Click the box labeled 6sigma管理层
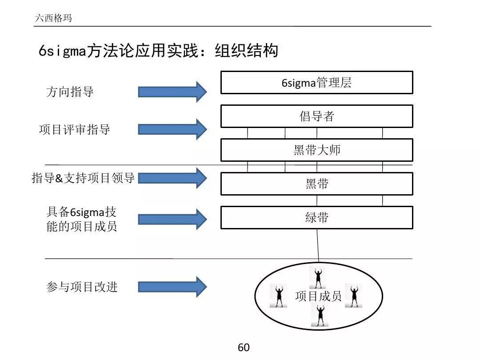pos(316,83)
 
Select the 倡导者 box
pos(316,116)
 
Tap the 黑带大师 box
pos(316,150)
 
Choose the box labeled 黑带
pos(316,184)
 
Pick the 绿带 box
pos(316,217)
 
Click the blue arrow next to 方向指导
pos(172,92)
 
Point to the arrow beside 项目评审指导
pos(172,129)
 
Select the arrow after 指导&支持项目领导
pos(172,178)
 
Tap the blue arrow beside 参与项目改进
pos(172,286)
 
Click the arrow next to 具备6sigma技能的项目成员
pos(172,219)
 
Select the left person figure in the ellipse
pos(279,296)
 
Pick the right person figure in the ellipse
pos(354,296)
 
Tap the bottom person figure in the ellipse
pos(319,316)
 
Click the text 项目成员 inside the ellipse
pos(318,296)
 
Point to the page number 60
pos(244,348)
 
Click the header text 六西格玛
pos(53,19)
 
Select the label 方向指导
pos(70,92)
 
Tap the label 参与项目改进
pos(82,287)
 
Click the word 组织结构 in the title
pos(246,51)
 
